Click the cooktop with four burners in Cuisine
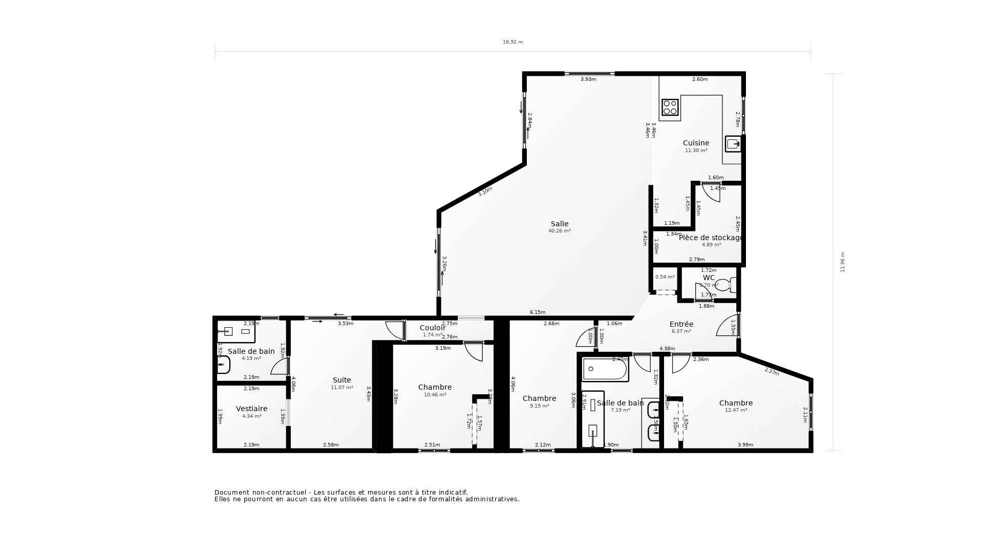[x=670, y=107]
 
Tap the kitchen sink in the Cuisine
[x=733, y=144]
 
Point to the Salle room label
[x=559, y=224]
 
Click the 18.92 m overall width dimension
[x=512, y=42]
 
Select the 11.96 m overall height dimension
[x=842, y=262]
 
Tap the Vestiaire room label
[x=251, y=409]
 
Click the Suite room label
[x=341, y=380]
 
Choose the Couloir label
[x=432, y=328]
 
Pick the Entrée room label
[x=681, y=324]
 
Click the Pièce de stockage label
[x=711, y=238]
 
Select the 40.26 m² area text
[x=559, y=231]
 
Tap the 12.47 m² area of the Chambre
[x=736, y=410]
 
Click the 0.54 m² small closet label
[x=665, y=277]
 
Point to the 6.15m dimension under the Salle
[x=537, y=312]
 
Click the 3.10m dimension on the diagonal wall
[x=485, y=192]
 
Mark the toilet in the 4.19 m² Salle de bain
[x=223, y=365]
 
